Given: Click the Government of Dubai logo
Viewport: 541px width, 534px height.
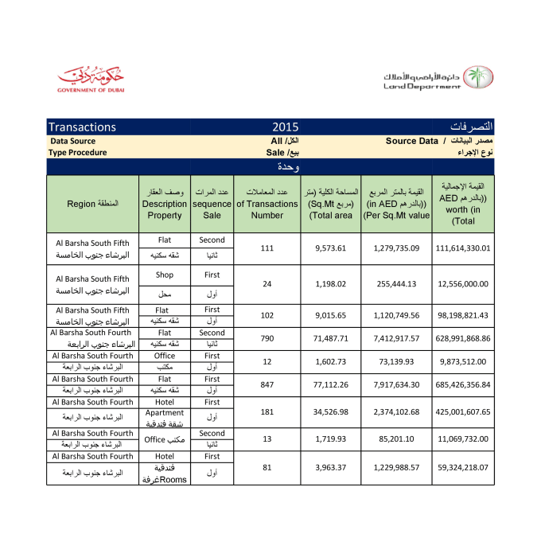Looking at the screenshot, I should (91, 80).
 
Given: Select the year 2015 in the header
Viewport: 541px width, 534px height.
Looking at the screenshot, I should (285, 127).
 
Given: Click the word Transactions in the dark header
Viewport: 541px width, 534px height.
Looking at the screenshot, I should (83, 127).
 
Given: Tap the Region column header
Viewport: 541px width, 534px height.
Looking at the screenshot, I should (92, 204).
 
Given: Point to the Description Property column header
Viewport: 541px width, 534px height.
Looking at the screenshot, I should (165, 204).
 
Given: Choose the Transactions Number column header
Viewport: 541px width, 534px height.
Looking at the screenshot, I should (267, 204).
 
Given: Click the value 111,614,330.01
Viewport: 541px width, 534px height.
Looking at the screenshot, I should (463, 248).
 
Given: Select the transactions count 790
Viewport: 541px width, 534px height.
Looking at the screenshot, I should (267, 338).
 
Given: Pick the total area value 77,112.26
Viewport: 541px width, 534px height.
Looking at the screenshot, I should (331, 384).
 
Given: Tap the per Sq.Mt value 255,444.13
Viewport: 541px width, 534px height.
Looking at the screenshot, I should (396, 283).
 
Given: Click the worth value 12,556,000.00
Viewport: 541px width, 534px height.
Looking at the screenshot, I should (463, 283).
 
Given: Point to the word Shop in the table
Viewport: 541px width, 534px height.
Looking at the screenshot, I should (165, 275).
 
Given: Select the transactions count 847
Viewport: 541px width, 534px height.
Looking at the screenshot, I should (267, 384).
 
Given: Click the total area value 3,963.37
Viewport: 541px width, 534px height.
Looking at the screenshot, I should (331, 467).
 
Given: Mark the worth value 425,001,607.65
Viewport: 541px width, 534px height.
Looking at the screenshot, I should (463, 412).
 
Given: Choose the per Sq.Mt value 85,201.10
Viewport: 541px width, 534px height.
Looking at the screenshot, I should (396, 439).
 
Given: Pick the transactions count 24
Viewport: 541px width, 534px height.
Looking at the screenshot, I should (267, 283).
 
